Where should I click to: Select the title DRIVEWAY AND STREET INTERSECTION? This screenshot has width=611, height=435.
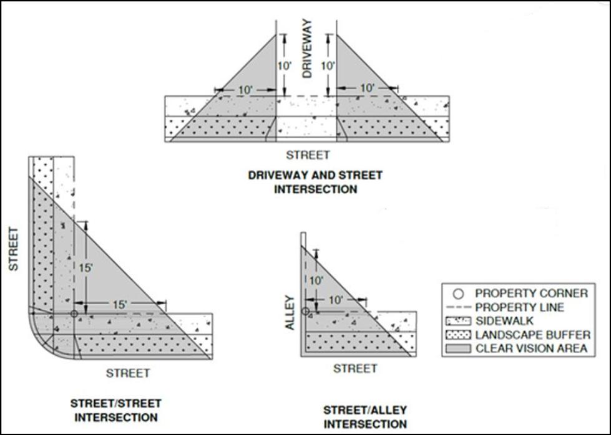315,182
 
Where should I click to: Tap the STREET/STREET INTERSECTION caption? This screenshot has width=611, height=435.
116,410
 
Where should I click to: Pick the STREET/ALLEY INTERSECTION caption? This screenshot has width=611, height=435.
365,417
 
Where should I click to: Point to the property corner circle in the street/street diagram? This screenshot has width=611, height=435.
74,314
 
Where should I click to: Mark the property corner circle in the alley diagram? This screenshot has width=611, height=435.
306,311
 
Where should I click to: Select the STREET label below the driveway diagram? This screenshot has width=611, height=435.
307,154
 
